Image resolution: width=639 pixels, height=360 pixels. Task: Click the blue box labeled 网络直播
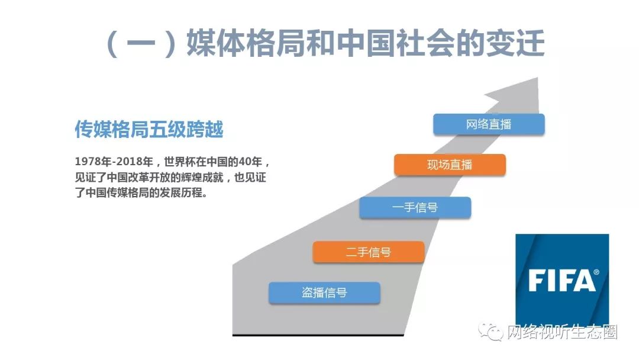coord(489,124)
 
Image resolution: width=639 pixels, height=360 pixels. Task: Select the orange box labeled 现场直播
coord(450,165)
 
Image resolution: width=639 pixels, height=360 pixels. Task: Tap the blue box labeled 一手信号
coord(415,207)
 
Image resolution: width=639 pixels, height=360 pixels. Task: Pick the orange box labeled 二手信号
coord(369,252)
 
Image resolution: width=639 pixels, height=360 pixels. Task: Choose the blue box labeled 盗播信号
coord(324,292)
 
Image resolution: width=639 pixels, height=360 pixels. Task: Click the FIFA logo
coord(562,279)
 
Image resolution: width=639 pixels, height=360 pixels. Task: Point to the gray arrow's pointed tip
coord(537,78)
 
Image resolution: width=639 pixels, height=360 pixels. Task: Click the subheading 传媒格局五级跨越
coord(149,130)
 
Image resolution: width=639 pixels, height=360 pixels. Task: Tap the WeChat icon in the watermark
coord(490,332)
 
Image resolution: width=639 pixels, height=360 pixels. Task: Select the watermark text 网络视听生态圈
coord(562,332)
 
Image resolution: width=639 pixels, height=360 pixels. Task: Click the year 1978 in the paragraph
coord(88,162)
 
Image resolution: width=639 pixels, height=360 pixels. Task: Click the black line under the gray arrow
coord(318,335)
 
